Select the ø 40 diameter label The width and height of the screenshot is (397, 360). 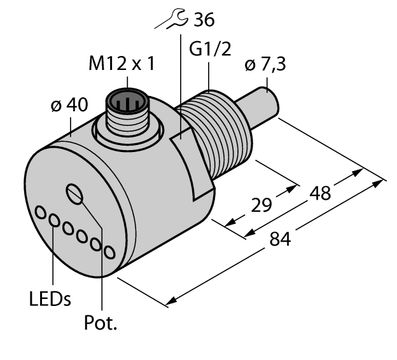pos(68,106)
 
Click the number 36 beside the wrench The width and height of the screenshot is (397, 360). pos(204,20)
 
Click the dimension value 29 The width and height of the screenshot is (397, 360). pos(261,205)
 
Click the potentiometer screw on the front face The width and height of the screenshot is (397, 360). pos(75,193)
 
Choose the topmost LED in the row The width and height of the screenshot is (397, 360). pos(41,212)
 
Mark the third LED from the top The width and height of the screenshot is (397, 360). pos(68,228)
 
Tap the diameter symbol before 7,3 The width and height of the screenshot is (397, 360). pos(250,66)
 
